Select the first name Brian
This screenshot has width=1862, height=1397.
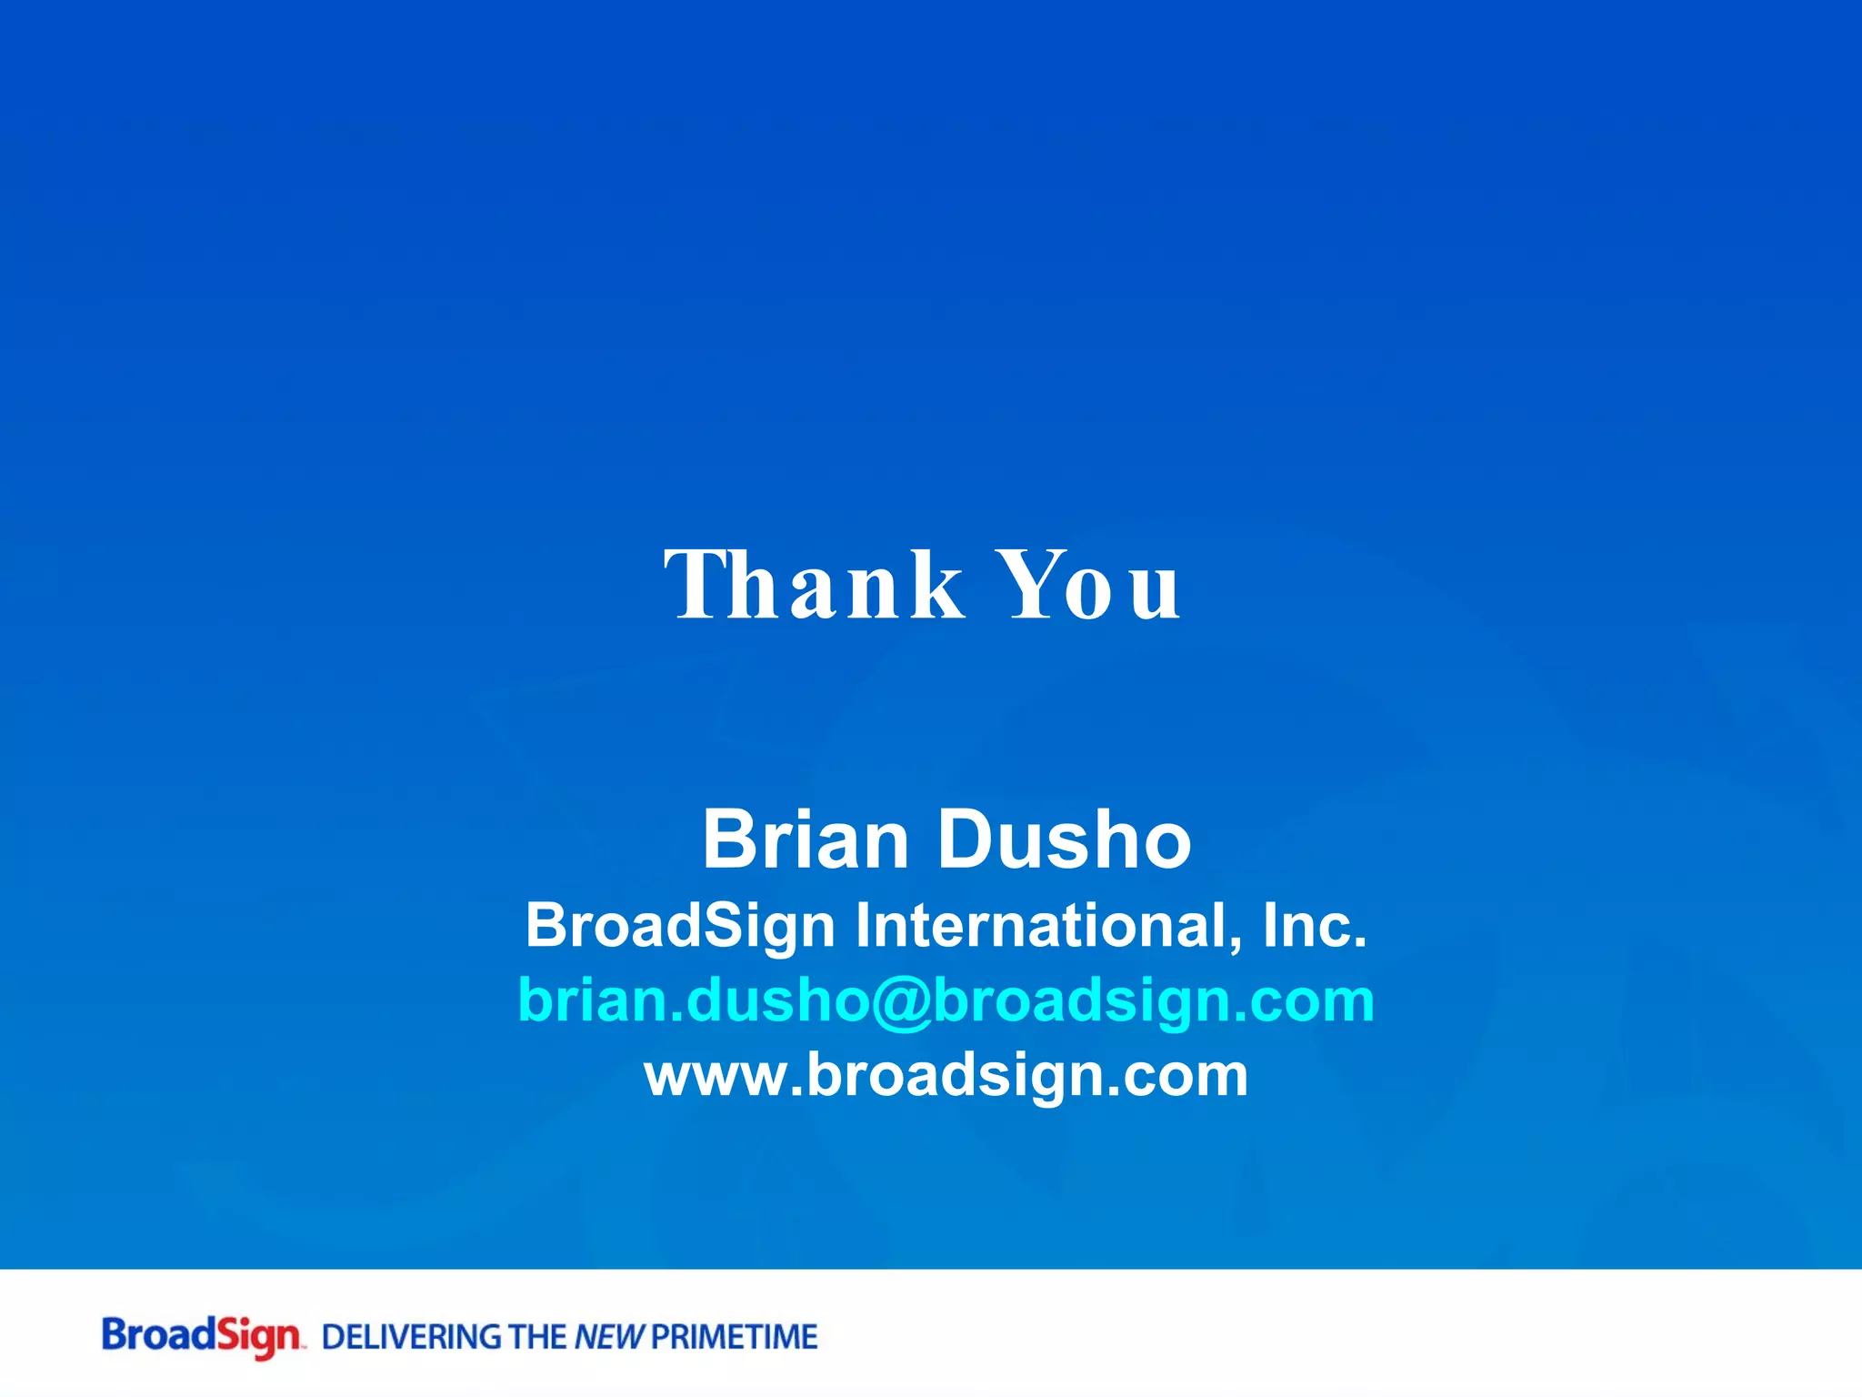[x=806, y=839]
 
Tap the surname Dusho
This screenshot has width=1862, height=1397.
[x=1064, y=839]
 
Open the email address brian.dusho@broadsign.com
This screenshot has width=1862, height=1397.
[x=946, y=1000]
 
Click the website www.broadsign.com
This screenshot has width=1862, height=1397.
[x=946, y=1075]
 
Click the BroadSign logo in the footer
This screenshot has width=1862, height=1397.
[x=201, y=1336]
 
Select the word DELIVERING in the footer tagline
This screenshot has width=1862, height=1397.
[x=413, y=1337]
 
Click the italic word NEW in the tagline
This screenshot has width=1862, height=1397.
[x=609, y=1337]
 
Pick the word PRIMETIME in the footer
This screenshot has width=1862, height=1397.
[x=735, y=1337]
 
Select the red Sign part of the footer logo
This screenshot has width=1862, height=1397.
[x=258, y=1337]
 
